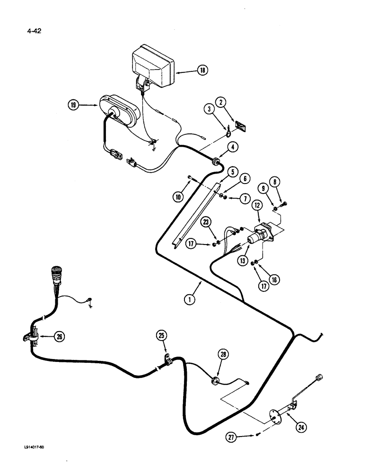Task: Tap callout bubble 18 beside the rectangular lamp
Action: [x=202, y=70]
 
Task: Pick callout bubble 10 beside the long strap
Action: [x=178, y=196]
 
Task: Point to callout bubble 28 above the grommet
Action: [x=223, y=354]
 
